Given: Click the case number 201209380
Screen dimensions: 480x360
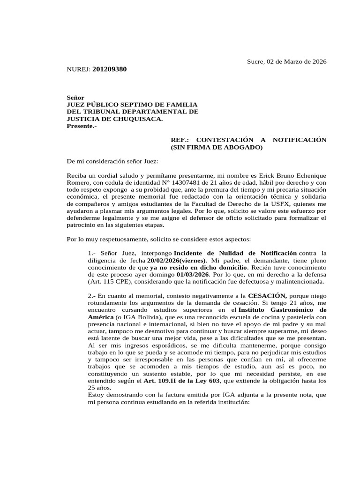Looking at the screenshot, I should point(110,69).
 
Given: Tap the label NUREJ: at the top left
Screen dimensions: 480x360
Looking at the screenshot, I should point(79,69).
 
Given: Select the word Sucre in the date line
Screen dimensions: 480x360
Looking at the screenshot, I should point(256,61).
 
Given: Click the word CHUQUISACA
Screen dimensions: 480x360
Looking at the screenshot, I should point(139,119).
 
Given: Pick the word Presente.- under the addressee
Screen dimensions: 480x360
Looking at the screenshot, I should point(82,126).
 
